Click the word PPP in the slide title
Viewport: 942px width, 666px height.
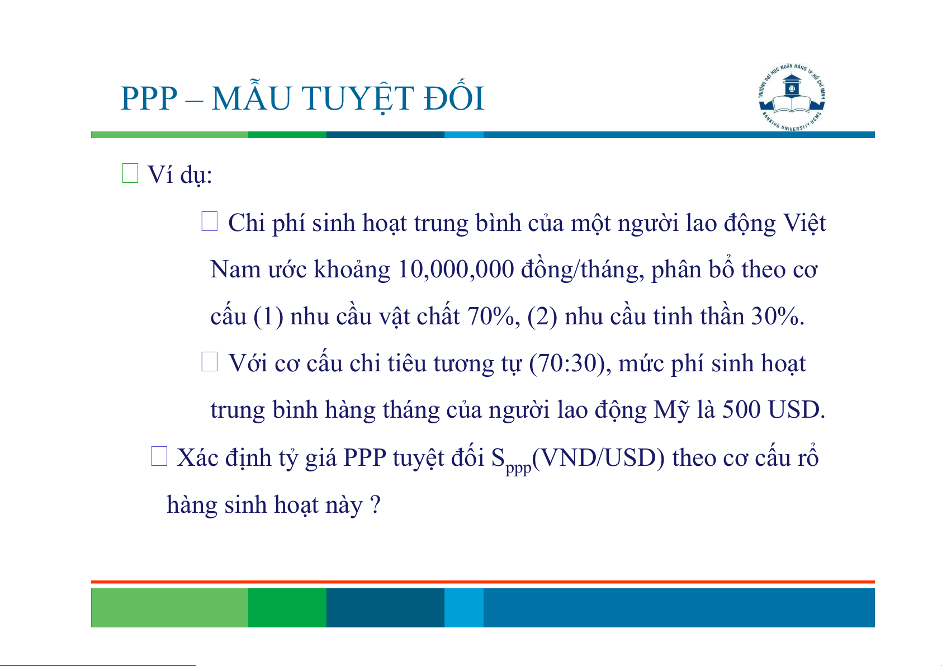[149, 99]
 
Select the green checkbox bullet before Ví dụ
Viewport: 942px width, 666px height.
[130, 173]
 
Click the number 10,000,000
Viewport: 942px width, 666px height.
[455, 270]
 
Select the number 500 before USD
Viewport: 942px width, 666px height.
[741, 410]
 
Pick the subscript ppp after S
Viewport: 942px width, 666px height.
[519, 467]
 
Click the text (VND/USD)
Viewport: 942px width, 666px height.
[598, 458]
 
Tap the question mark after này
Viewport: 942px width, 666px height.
[376, 504]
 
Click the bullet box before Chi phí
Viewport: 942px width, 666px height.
[210, 221]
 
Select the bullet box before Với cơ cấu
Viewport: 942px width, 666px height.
[210, 362]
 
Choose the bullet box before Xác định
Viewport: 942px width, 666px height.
[159, 456]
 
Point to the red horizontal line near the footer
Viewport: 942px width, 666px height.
[483, 582]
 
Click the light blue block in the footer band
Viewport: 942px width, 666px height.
[464, 607]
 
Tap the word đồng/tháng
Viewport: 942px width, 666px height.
[583, 270]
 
